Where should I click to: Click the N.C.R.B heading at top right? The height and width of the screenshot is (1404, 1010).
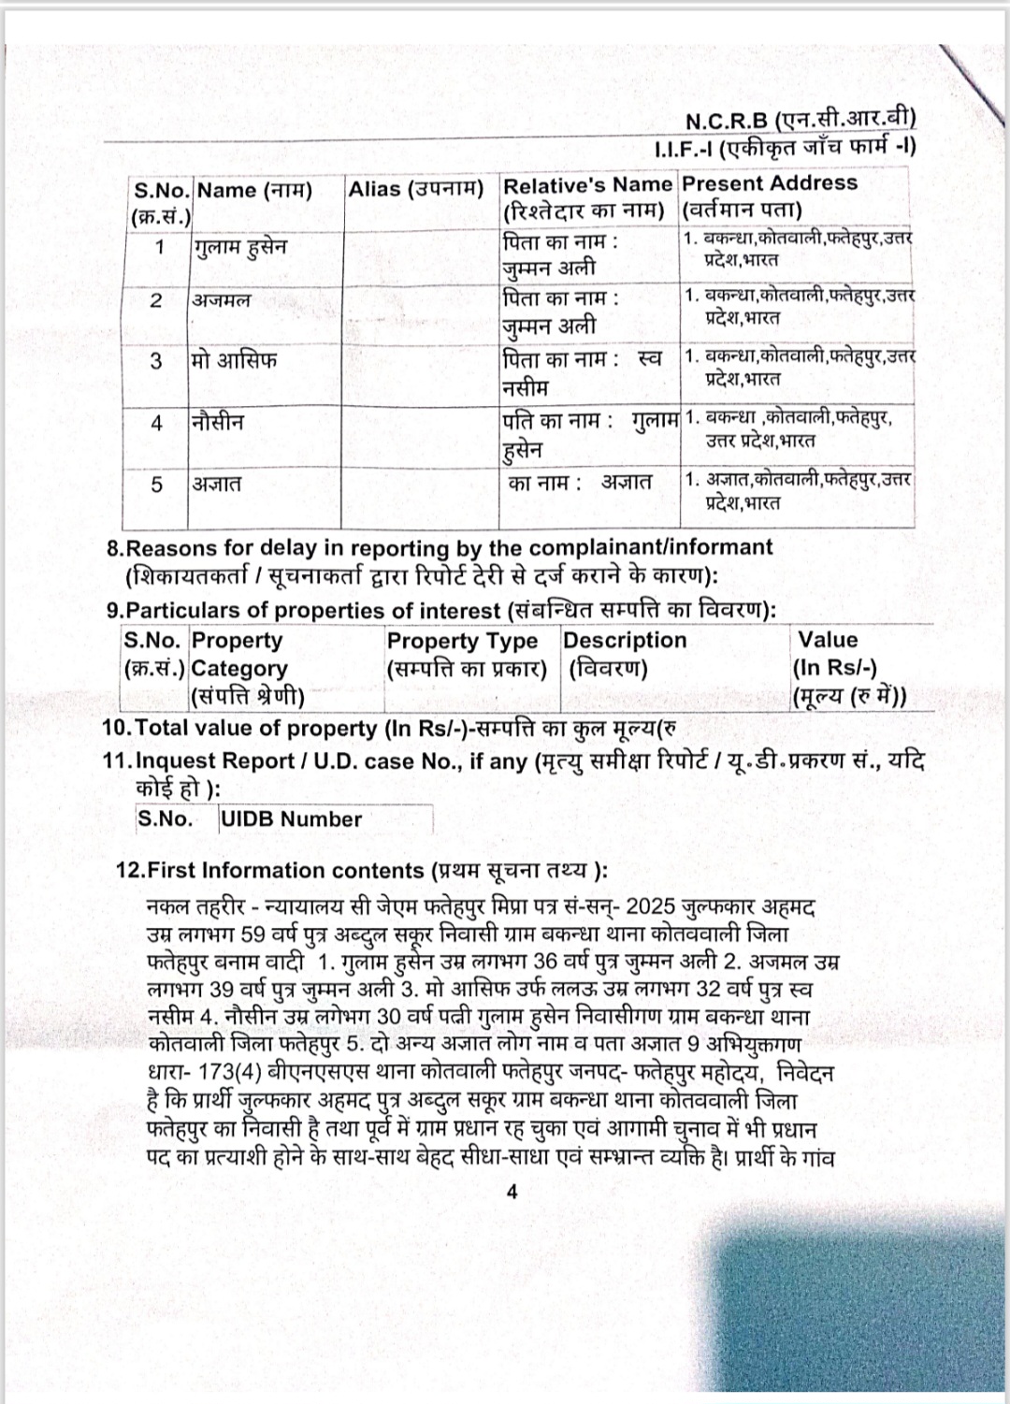tap(801, 121)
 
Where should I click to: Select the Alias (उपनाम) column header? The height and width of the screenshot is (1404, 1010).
tap(416, 189)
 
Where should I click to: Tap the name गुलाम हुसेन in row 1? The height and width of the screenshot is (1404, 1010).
tap(240, 248)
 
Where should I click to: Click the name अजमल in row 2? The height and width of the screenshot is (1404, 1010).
tap(222, 301)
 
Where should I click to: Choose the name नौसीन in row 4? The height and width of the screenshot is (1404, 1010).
tap(218, 422)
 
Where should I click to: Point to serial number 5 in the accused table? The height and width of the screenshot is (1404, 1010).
tap(157, 484)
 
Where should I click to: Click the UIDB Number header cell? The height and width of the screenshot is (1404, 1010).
tap(291, 819)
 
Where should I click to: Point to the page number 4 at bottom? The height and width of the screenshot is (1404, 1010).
tap(512, 1192)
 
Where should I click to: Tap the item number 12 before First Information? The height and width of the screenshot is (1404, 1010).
tap(130, 871)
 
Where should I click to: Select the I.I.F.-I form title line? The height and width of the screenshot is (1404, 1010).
tap(786, 148)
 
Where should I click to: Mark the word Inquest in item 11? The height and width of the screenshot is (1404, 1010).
tap(172, 761)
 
